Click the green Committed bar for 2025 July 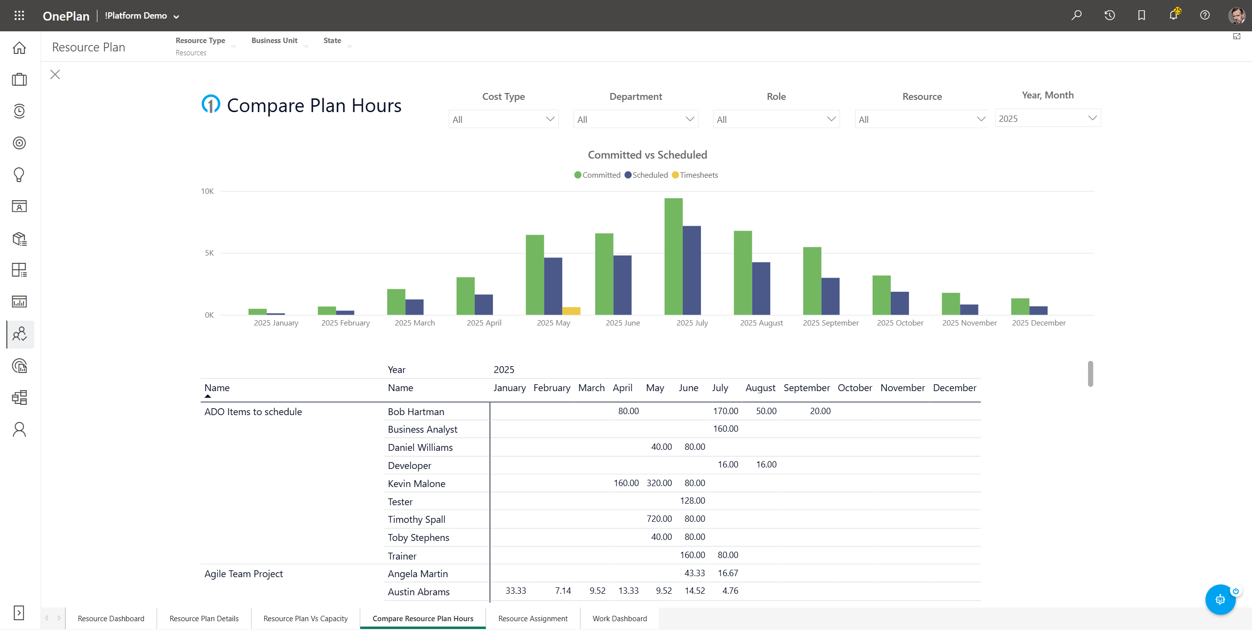pos(673,257)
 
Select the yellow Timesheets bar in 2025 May pos(571,311)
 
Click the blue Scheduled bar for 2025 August pos(761,288)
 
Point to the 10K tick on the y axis pos(207,191)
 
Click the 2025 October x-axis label pos(900,323)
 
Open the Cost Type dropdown pos(503,119)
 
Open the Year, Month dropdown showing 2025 pos(1047,118)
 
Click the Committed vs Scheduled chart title pos(647,155)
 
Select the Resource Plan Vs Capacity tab pos(305,619)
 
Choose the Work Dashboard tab pos(619,619)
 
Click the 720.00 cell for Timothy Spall pos(659,519)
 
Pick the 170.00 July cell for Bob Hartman pos(725,411)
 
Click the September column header pos(806,388)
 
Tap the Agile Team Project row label pos(243,574)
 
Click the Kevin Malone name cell pos(416,484)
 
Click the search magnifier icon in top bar pos(1076,16)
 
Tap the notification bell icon pos(1173,16)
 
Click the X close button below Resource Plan pos(55,74)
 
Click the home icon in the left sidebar pos(19,48)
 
